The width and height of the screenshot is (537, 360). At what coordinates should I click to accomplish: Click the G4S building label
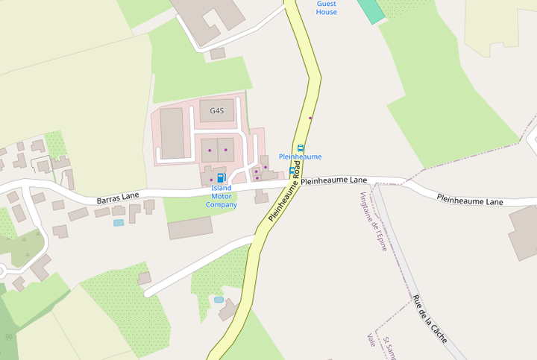pos(216,111)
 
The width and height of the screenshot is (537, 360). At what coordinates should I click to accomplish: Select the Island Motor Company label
pos(222,196)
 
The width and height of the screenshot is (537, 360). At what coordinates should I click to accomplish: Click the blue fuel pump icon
pos(221,177)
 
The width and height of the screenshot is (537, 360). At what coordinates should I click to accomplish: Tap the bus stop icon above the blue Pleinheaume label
pos(301,148)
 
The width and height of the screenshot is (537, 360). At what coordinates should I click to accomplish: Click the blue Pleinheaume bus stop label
pos(300,157)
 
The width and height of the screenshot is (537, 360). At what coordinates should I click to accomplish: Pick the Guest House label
pos(326,7)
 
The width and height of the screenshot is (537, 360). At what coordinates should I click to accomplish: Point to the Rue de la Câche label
pos(429,318)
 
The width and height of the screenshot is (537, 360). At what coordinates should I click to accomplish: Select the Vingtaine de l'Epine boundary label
pos(373,221)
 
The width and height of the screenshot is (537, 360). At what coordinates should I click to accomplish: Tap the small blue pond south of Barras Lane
pos(119,222)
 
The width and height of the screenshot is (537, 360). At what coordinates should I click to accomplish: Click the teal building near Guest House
pos(369,10)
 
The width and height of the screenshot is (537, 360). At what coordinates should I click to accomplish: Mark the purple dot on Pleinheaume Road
pos(310,118)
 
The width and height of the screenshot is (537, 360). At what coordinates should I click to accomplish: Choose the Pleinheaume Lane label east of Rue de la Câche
pos(470,200)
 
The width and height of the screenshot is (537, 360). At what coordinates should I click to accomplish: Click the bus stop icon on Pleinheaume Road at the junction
pos(292,171)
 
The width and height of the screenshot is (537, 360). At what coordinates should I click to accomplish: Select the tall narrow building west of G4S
pos(172,133)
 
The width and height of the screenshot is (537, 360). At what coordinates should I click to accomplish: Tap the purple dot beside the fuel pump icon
pos(211,180)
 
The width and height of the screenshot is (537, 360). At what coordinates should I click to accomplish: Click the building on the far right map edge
pos(524,231)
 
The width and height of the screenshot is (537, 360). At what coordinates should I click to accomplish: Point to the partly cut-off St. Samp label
pos(389,348)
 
